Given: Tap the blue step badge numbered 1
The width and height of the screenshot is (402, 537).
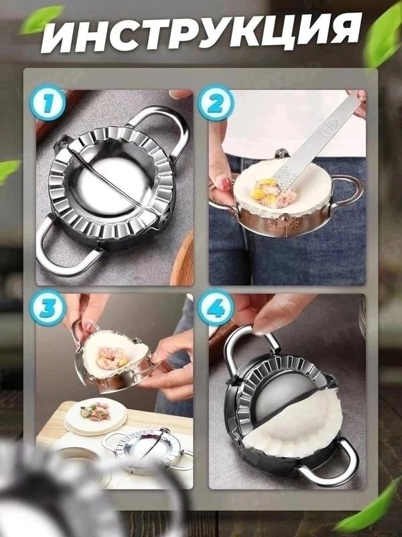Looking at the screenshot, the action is [x=48, y=103].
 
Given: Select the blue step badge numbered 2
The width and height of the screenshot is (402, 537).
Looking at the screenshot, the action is [x=216, y=103].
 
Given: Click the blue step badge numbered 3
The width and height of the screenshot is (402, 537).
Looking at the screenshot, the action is [x=48, y=308].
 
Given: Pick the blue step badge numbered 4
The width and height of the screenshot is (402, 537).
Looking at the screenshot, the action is [x=216, y=308].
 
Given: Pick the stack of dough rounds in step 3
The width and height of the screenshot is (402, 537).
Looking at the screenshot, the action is [x=96, y=416].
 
